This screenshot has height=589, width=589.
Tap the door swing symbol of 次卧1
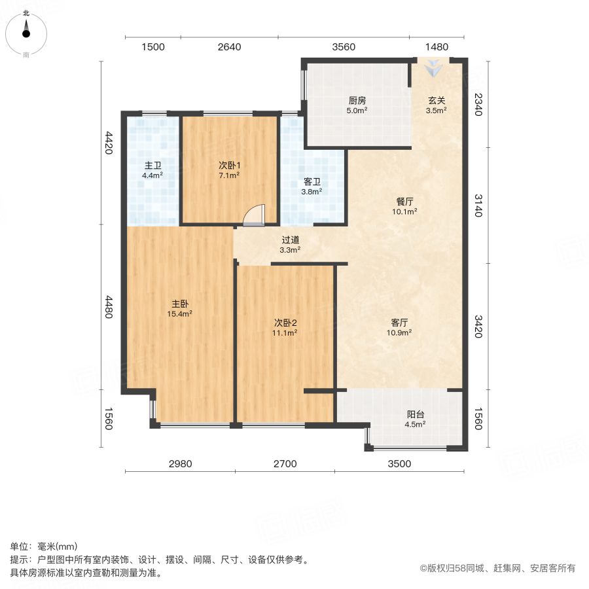click(x=254, y=217)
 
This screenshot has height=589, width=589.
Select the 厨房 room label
click(x=357, y=101)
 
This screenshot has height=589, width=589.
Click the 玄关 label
click(x=437, y=101)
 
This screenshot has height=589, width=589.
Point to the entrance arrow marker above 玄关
click(x=434, y=67)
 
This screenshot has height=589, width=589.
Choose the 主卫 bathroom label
click(x=152, y=165)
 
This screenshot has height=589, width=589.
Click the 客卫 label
click(x=312, y=182)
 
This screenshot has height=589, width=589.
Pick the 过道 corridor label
click(x=291, y=240)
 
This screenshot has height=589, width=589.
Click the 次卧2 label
click(x=285, y=323)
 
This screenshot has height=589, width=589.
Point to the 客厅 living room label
click(x=400, y=323)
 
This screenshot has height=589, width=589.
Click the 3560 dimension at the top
click(x=344, y=47)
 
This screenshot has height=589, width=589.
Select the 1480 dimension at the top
click(x=437, y=47)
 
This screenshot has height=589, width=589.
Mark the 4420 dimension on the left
click(x=109, y=143)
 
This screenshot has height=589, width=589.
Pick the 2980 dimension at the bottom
click(x=181, y=464)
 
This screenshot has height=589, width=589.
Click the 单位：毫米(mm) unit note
click(x=44, y=547)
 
